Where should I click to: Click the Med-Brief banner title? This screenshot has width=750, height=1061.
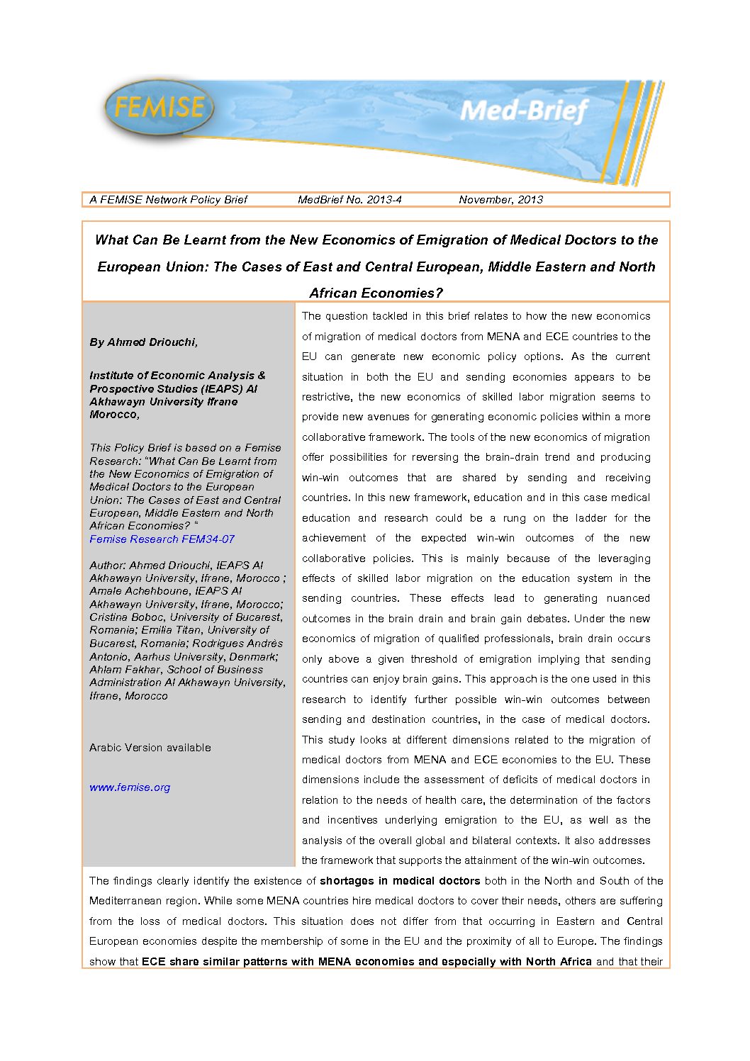tap(523, 111)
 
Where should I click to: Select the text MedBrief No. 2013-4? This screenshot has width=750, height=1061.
tap(349, 200)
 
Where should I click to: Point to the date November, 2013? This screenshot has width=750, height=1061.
tap(500, 200)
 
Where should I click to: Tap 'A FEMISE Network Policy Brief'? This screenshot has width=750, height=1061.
tap(168, 200)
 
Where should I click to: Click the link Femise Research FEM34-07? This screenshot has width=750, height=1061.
tap(162, 539)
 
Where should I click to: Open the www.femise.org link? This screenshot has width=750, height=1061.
tap(130, 787)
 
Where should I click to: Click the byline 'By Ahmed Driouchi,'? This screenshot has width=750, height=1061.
tap(144, 342)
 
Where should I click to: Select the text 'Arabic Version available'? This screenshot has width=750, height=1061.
tap(150, 748)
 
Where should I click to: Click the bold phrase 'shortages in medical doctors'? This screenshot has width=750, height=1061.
tap(400, 881)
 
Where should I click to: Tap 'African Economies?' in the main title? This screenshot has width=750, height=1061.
tap(376, 293)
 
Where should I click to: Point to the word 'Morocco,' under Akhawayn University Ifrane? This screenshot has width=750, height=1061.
tap(115, 415)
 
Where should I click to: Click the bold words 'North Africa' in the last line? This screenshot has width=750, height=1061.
tap(559, 962)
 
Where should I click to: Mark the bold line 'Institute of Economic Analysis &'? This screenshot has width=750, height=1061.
tap(177, 376)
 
